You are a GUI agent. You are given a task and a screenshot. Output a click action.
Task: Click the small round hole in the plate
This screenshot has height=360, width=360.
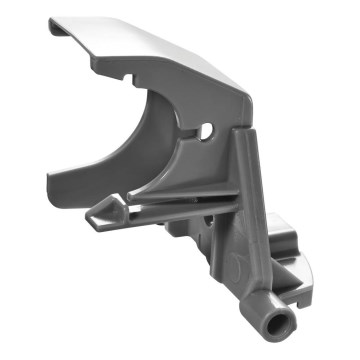click(x=207, y=132)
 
